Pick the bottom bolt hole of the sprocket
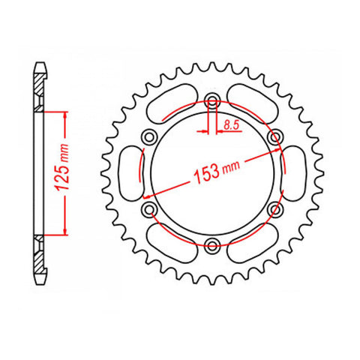[212, 244]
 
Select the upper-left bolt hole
[149, 136]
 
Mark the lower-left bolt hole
[149, 208]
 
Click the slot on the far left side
[127, 172]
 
